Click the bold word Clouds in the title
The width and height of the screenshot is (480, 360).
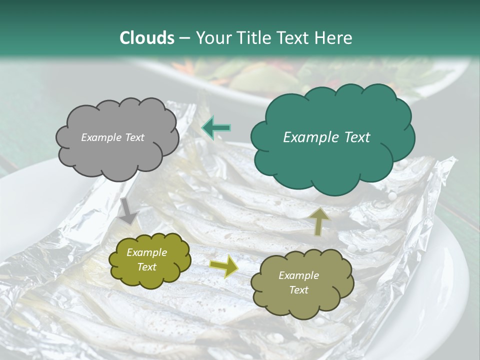tap(147, 38)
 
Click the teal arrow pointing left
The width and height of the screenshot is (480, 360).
tap(216, 128)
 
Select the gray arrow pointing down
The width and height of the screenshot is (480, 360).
tap(128, 210)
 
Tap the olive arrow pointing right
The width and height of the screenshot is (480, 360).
tap(223, 266)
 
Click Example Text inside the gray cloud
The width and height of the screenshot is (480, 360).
tap(112, 137)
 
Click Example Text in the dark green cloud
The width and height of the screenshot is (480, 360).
tap(326, 137)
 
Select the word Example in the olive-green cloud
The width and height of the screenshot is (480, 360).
tap(146, 253)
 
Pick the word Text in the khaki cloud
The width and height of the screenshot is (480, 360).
tap(298, 290)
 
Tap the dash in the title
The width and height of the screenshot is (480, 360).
tap(184, 38)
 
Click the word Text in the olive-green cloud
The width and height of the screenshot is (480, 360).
tap(146, 267)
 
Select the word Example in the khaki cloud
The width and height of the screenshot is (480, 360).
tap(298, 275)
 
